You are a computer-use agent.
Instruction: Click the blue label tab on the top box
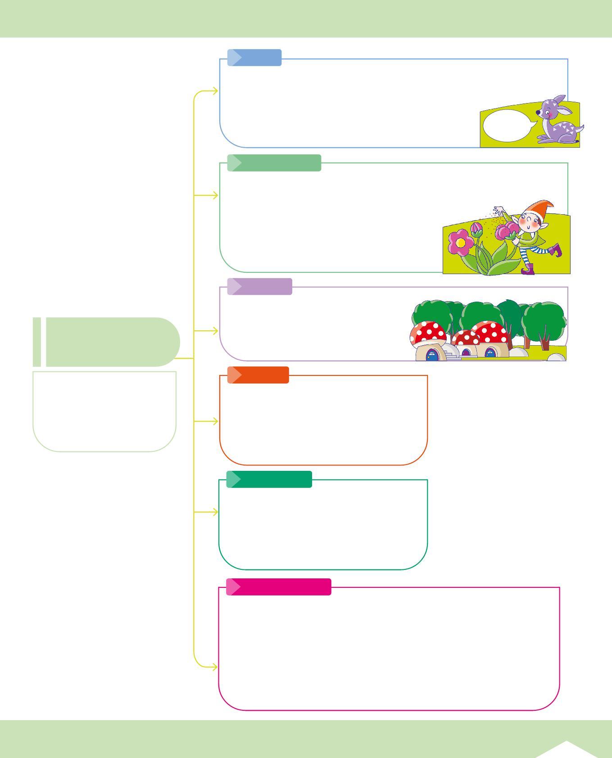click(254, 58)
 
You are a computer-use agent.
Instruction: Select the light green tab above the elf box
click(274, 163)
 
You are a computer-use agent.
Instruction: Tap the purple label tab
click(259, 286)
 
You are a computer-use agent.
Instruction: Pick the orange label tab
click(258, 375)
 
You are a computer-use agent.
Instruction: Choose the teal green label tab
click(269, 479)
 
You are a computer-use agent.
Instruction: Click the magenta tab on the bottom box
click(278, 587)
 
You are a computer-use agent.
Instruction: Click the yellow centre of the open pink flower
click(460, 243)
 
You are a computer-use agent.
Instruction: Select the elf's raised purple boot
click(556, 249)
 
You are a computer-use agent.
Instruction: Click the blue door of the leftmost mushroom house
click(432, 356)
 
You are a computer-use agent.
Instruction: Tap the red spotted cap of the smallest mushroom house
click(466, 338)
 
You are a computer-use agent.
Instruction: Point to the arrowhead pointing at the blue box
click(215, 91)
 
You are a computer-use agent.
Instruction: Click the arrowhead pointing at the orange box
click(215, 421)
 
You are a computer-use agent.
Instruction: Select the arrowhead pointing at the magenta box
click(215, 667)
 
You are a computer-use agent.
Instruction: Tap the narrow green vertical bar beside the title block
click(37, 342)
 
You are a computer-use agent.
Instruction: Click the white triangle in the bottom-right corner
click(567, 749)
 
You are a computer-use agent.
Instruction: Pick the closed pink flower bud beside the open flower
click(476, 230)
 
